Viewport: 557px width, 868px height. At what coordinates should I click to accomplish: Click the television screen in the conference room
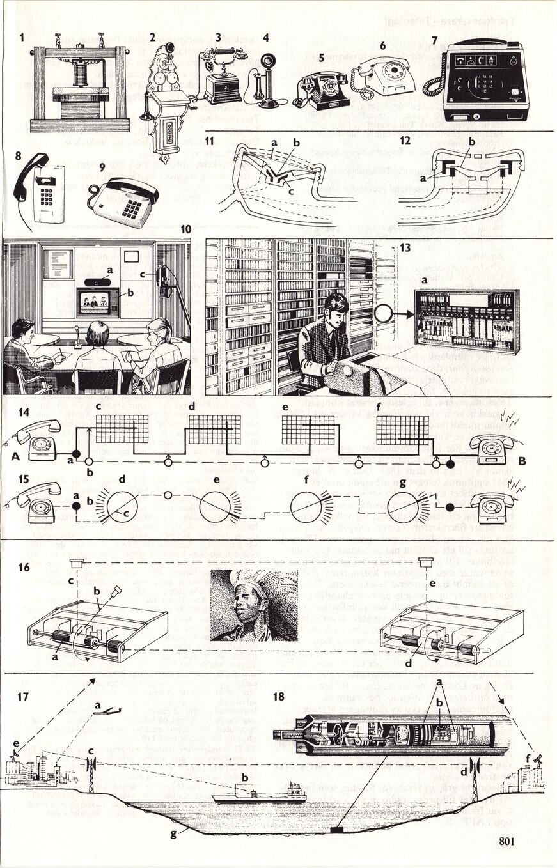[98, 302]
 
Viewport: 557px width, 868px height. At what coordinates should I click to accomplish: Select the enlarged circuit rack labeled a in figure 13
[466, 320]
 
